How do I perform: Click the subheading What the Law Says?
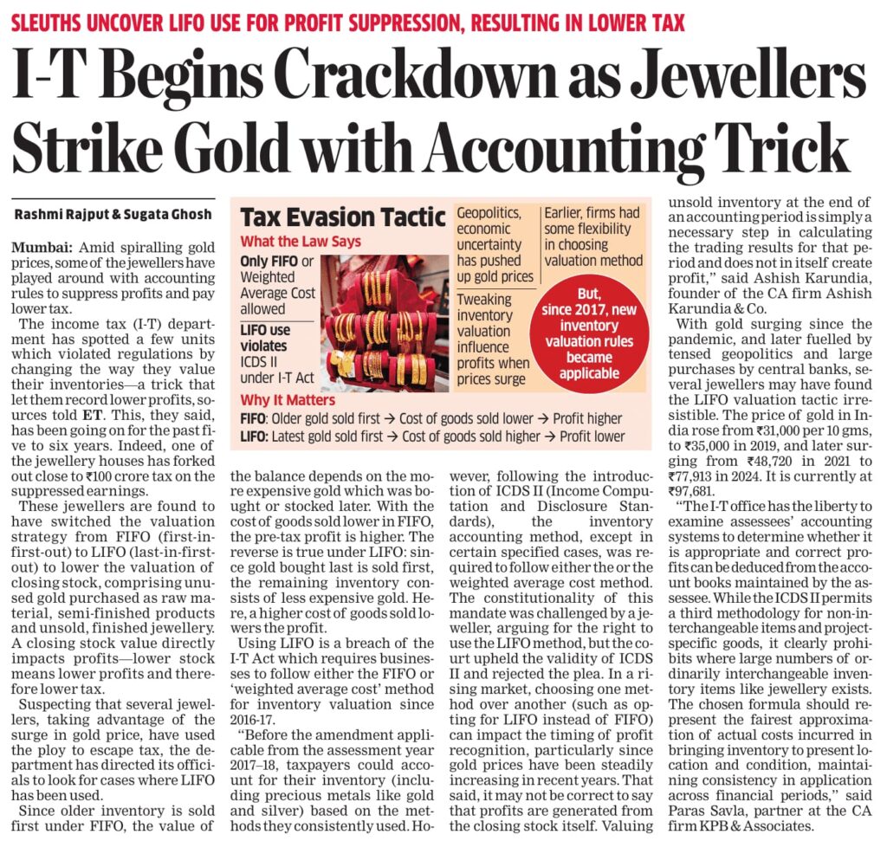click(x=301, y=241)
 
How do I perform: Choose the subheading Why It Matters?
click(x=288, y=401)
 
